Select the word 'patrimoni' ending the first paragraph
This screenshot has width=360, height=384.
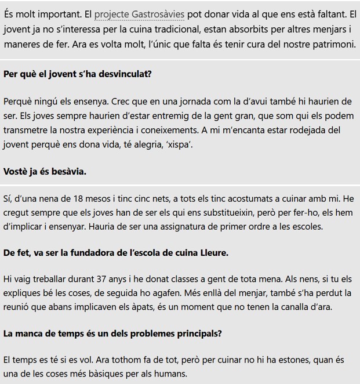pyautogui.click(x=330, y=44)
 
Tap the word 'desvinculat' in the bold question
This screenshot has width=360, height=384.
pyautogui.click(x=124, y=74)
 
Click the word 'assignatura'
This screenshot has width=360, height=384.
pyautogui.click(x=195, y=226)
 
